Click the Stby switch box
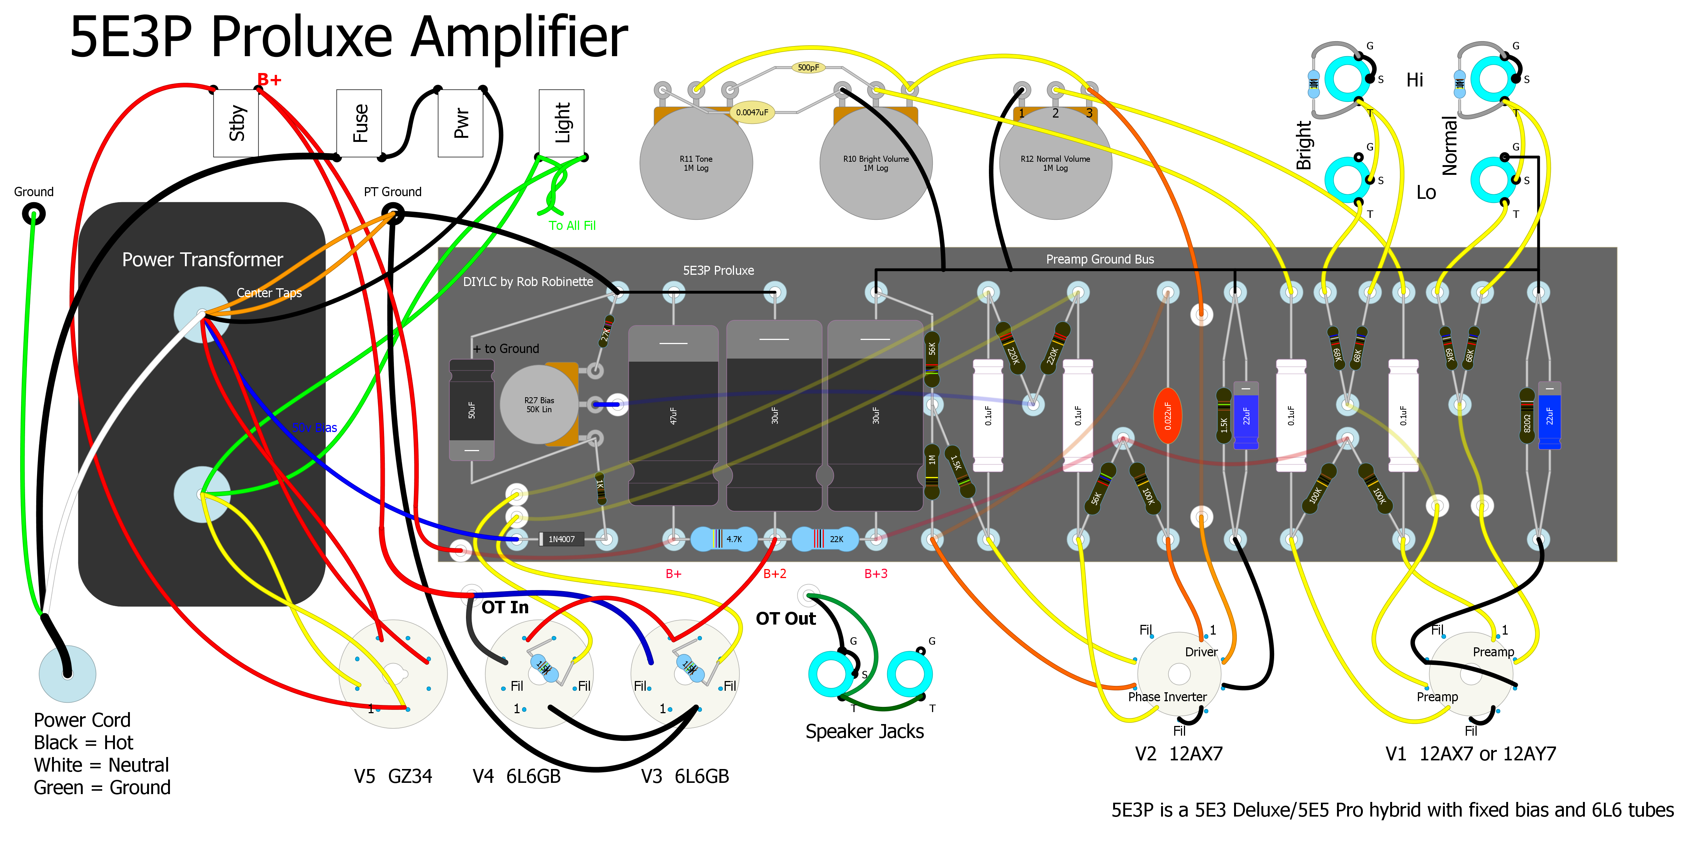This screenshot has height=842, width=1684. [x=236, y=123]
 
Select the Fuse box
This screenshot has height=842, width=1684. [x=359, y=123]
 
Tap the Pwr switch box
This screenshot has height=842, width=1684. [x=460, y=123]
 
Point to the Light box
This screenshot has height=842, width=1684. [x=561, y=123]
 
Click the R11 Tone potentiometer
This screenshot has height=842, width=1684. [x=695, y=164]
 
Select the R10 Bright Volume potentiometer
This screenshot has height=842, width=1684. [x=876, y=164]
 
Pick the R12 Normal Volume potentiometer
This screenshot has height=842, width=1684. [x=1055, y=164]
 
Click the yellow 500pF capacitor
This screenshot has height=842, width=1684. [x=808, y=67]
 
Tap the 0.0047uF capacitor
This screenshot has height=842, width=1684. [x=752, y=112]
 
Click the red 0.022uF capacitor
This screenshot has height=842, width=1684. [x=1167, y=416]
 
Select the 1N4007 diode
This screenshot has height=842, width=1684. [x=561, y=539]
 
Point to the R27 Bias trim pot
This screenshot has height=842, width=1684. [x=539, y=405]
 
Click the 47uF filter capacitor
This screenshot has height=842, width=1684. [x=673, y=416]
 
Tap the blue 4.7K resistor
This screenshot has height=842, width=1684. [x=724, y=539]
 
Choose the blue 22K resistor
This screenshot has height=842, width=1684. [x=826, y=539]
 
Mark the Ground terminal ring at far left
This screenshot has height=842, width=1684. [x=33, y=214]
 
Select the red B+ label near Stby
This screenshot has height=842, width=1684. [x=269, y=80]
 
